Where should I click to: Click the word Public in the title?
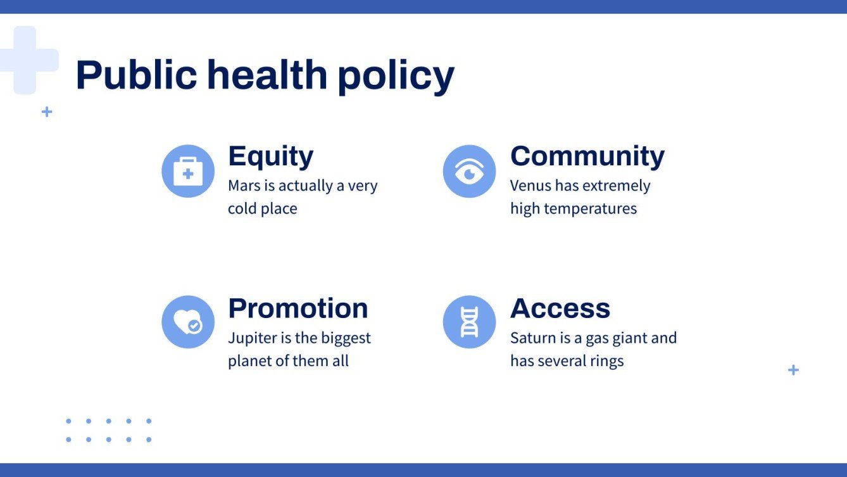(136, 75)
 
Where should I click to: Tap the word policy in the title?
(396, 76)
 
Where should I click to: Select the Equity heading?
(270, 156)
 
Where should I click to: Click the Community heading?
(587, 156)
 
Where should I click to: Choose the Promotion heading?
(298, 308)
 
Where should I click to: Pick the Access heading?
(560, 308)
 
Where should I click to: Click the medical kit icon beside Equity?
(188, 172)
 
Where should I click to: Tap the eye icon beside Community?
(469, 172)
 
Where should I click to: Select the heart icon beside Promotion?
(188, 322)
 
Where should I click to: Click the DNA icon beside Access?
(469, 322)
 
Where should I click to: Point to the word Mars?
(244, 186)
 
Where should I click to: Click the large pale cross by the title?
(25, 60)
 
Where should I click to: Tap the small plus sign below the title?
(47, 112)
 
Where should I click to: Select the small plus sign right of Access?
(793, 370)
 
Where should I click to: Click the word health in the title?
(267, 75)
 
